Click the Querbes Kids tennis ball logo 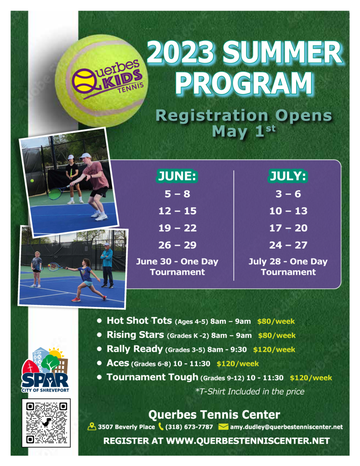click(102, 81)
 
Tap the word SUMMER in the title click(283, 53)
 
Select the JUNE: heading click(177, 176)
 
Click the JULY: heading click(288, 176)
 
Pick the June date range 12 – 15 click(177, 211)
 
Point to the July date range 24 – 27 click(288, 245)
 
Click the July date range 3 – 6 click(288, 194)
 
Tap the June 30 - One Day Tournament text click(177, 267)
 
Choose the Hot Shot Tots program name click(139, 321)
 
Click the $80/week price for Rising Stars click(277, 336)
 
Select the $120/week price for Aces click(238, 364)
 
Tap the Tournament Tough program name click(152, 377)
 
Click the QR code click(46, 423)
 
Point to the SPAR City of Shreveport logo click(45, 370)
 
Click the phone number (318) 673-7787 click(189, 427)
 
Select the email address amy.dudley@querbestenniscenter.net click(286, 427)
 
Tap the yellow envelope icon click(223, 427)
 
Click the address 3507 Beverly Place click(127, 427)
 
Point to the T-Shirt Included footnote click(250, 391)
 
